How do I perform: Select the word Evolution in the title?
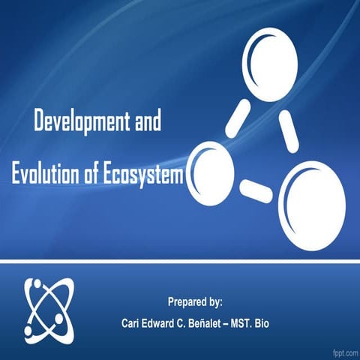[x=47, y=174]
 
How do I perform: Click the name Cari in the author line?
[x=133, y=323]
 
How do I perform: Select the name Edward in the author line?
[x=166, y=323]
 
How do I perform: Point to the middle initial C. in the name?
[x=194, y=323]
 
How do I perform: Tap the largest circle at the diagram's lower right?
[x=311, y=203]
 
